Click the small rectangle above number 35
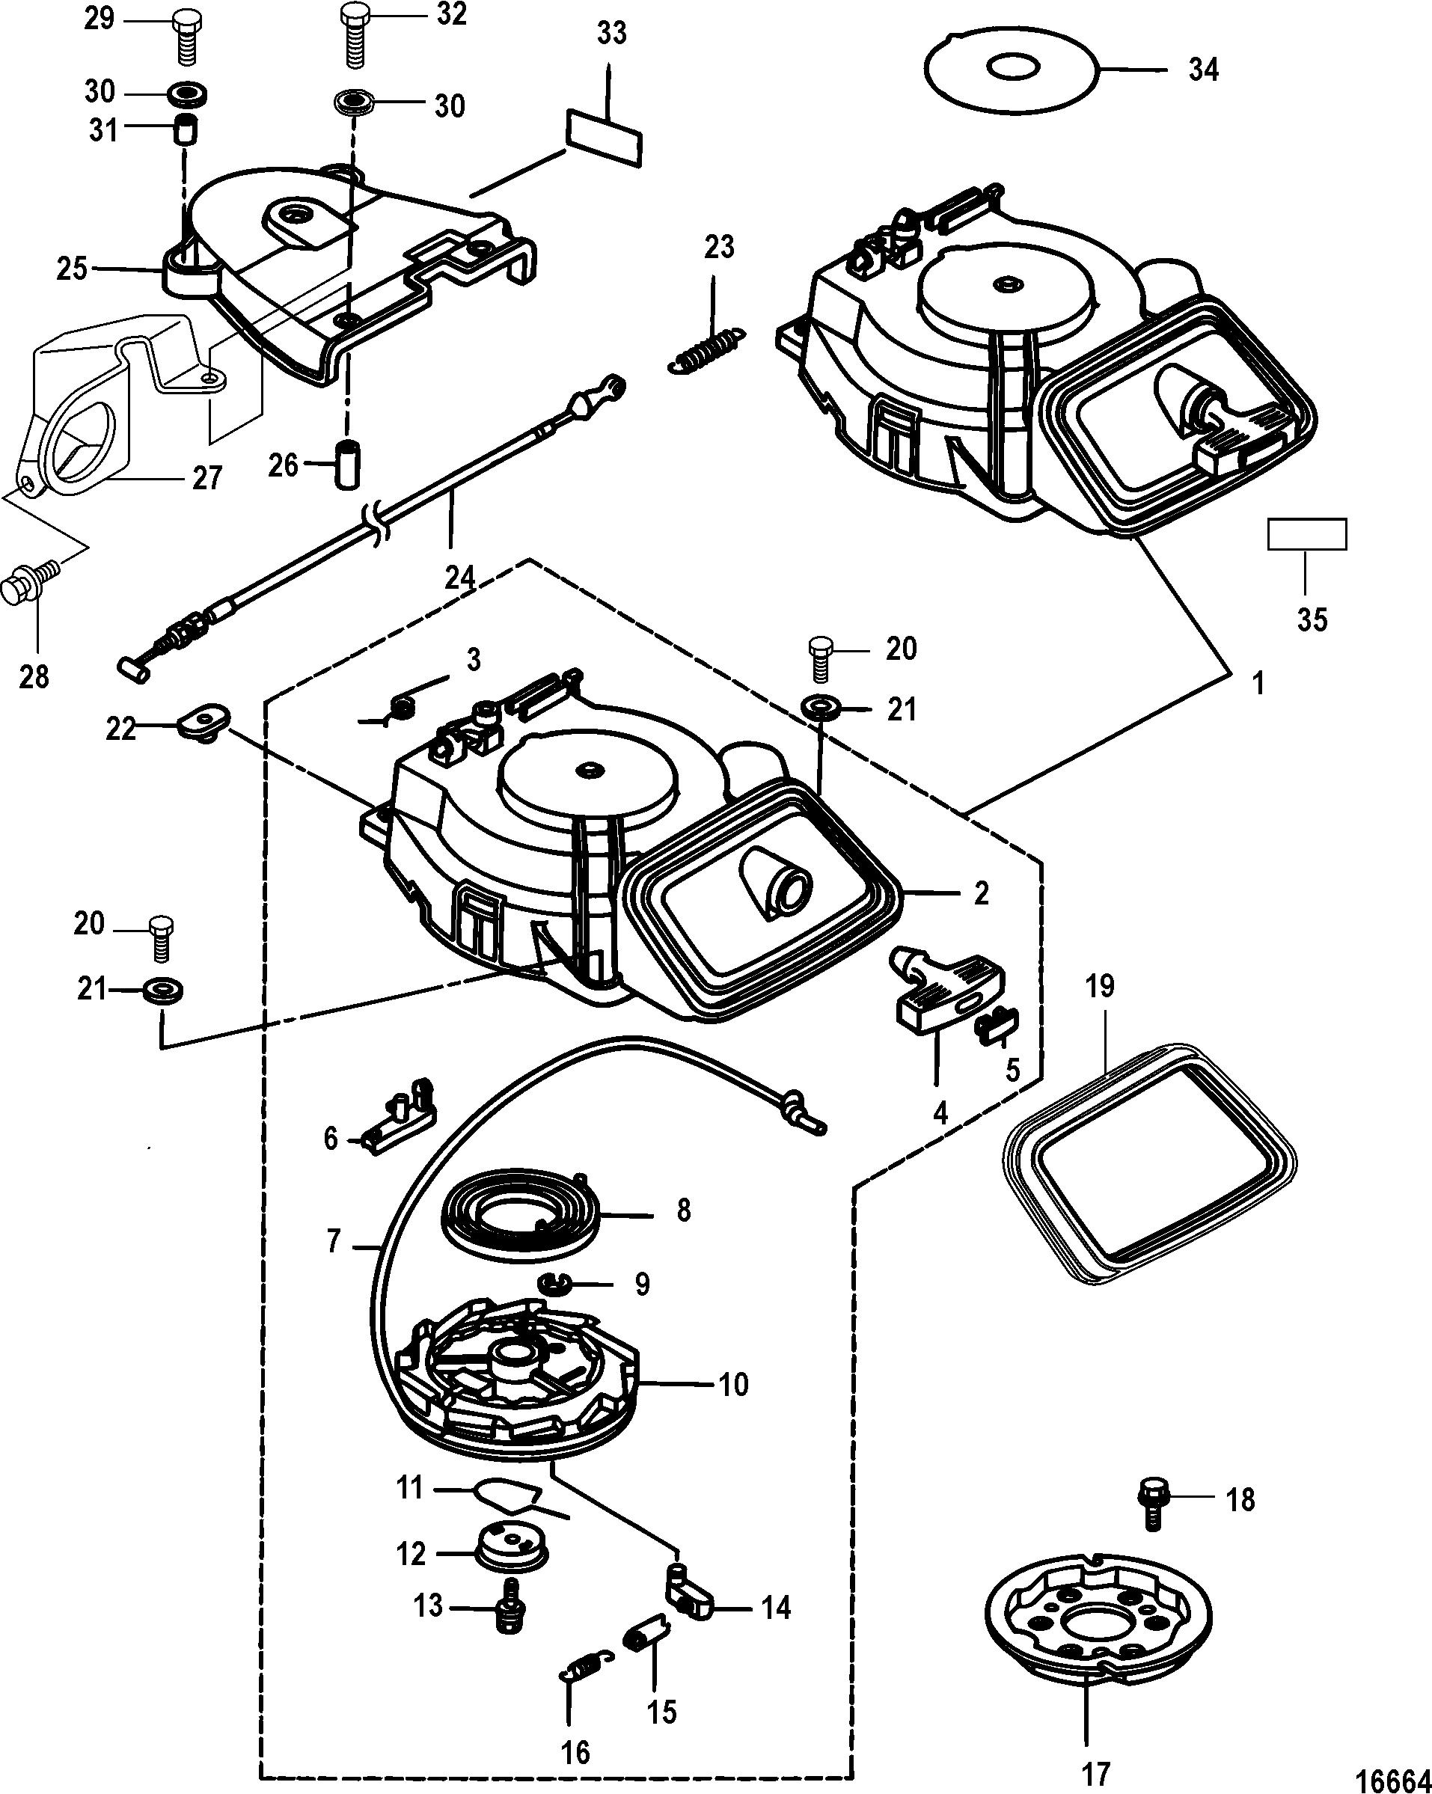(1306, 534)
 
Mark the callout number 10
(733, 1386)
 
